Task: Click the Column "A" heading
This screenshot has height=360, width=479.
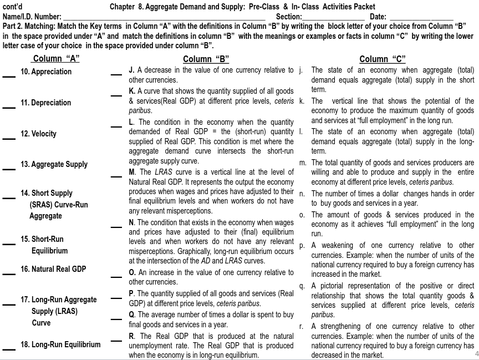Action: (x=55, y=59)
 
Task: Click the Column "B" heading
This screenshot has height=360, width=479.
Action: (x=206, y=59)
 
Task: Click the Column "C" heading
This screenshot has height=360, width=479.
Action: (x=383, y=59)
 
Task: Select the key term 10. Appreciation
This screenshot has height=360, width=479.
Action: (x=46, y=72)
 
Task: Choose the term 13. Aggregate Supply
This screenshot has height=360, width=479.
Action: (x=54, y=165)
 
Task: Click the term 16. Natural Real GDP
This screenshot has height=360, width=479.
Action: (x=53, y=269)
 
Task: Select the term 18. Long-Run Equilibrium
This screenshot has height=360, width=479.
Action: (x=60, y=344)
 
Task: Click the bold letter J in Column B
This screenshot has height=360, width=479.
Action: (x=131, y=70)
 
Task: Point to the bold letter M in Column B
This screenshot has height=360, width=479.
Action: (x=132, y=172)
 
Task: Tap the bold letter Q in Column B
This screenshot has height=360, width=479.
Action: (x=132, y=315)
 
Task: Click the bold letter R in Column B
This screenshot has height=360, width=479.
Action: (x=132, y=336)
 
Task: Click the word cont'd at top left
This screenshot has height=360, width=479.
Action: (x=12, y=7)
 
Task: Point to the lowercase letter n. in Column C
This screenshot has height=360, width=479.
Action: (x=302, y=194)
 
